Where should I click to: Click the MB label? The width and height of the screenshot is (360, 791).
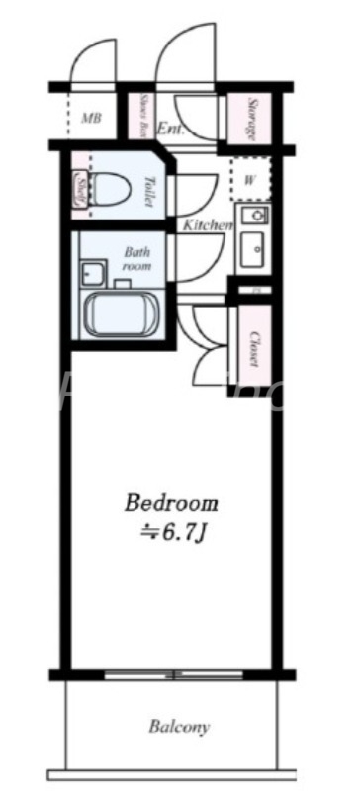[91, 119]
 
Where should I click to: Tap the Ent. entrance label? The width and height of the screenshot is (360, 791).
[170, 128]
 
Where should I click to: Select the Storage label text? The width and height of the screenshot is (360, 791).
[254, 120]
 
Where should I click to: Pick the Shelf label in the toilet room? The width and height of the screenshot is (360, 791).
[79, 188]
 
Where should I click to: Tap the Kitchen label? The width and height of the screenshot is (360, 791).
[206, 225]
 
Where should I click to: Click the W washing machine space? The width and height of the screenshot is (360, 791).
[251, 180]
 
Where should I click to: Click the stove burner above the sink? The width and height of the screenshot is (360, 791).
[254, 216]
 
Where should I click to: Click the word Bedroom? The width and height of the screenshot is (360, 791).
[170, 502]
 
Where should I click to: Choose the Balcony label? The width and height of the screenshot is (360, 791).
[179, 728]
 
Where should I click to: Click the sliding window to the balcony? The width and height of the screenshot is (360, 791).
[174, 675]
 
